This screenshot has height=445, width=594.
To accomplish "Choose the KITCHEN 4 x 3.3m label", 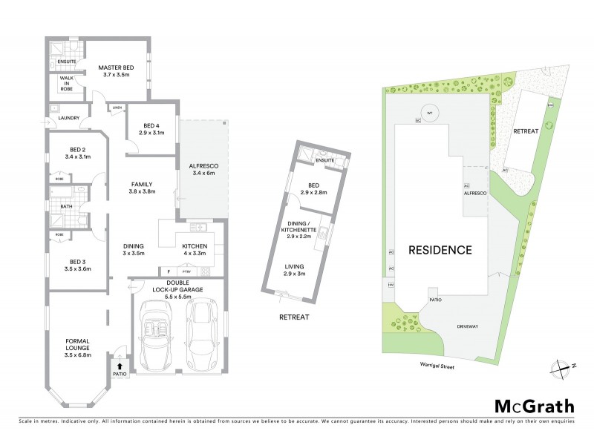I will (194, 250).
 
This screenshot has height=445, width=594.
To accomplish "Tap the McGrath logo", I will (535, 406).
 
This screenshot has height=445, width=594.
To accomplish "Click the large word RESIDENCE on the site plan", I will (438, 250).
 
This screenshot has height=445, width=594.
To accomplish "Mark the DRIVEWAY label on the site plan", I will (467, 325).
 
